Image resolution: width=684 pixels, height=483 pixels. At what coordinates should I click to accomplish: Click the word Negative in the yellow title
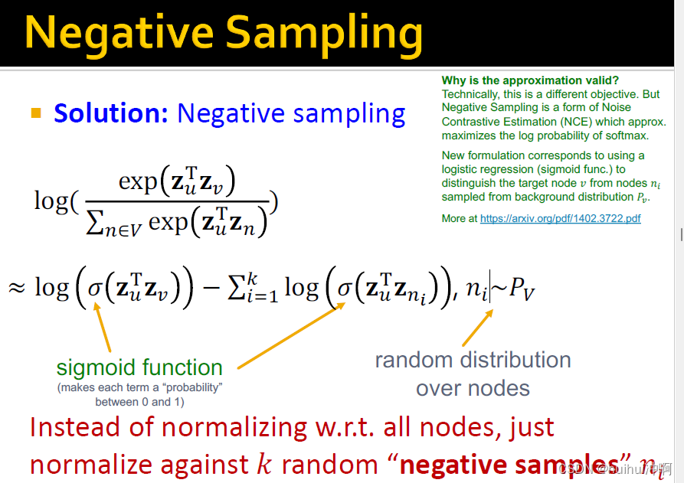(x=119, y=33)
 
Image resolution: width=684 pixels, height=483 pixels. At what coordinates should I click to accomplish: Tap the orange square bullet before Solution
(x=36, y=113)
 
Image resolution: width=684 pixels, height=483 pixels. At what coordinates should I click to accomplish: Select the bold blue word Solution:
(x=111, y=113)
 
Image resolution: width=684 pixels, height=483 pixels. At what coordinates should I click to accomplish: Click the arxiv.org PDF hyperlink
(x=561, y=218)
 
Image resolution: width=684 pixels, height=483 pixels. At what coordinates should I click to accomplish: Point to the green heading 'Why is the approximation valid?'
(x=530, y=80)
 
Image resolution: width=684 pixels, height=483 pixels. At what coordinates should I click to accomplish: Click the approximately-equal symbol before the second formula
(x=17, y=288)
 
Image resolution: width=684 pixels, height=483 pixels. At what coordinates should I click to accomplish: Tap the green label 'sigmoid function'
(x=139, y=367)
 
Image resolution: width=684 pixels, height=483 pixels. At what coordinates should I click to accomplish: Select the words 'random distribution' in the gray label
(x=473, y=360)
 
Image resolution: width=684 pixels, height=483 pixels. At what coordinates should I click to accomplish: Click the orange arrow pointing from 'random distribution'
(x=478, y=328)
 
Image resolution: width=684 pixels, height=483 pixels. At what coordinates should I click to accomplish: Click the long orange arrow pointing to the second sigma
(x=291, y=336)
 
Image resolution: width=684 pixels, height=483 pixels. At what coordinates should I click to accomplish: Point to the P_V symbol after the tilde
(x=522, y=288)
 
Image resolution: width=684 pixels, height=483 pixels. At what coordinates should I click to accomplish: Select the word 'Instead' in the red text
(x=74, y=426)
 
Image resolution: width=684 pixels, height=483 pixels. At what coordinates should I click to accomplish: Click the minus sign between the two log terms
(x=211, y=288)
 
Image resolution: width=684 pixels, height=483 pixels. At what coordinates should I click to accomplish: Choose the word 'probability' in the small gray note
(x=194, y=387)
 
